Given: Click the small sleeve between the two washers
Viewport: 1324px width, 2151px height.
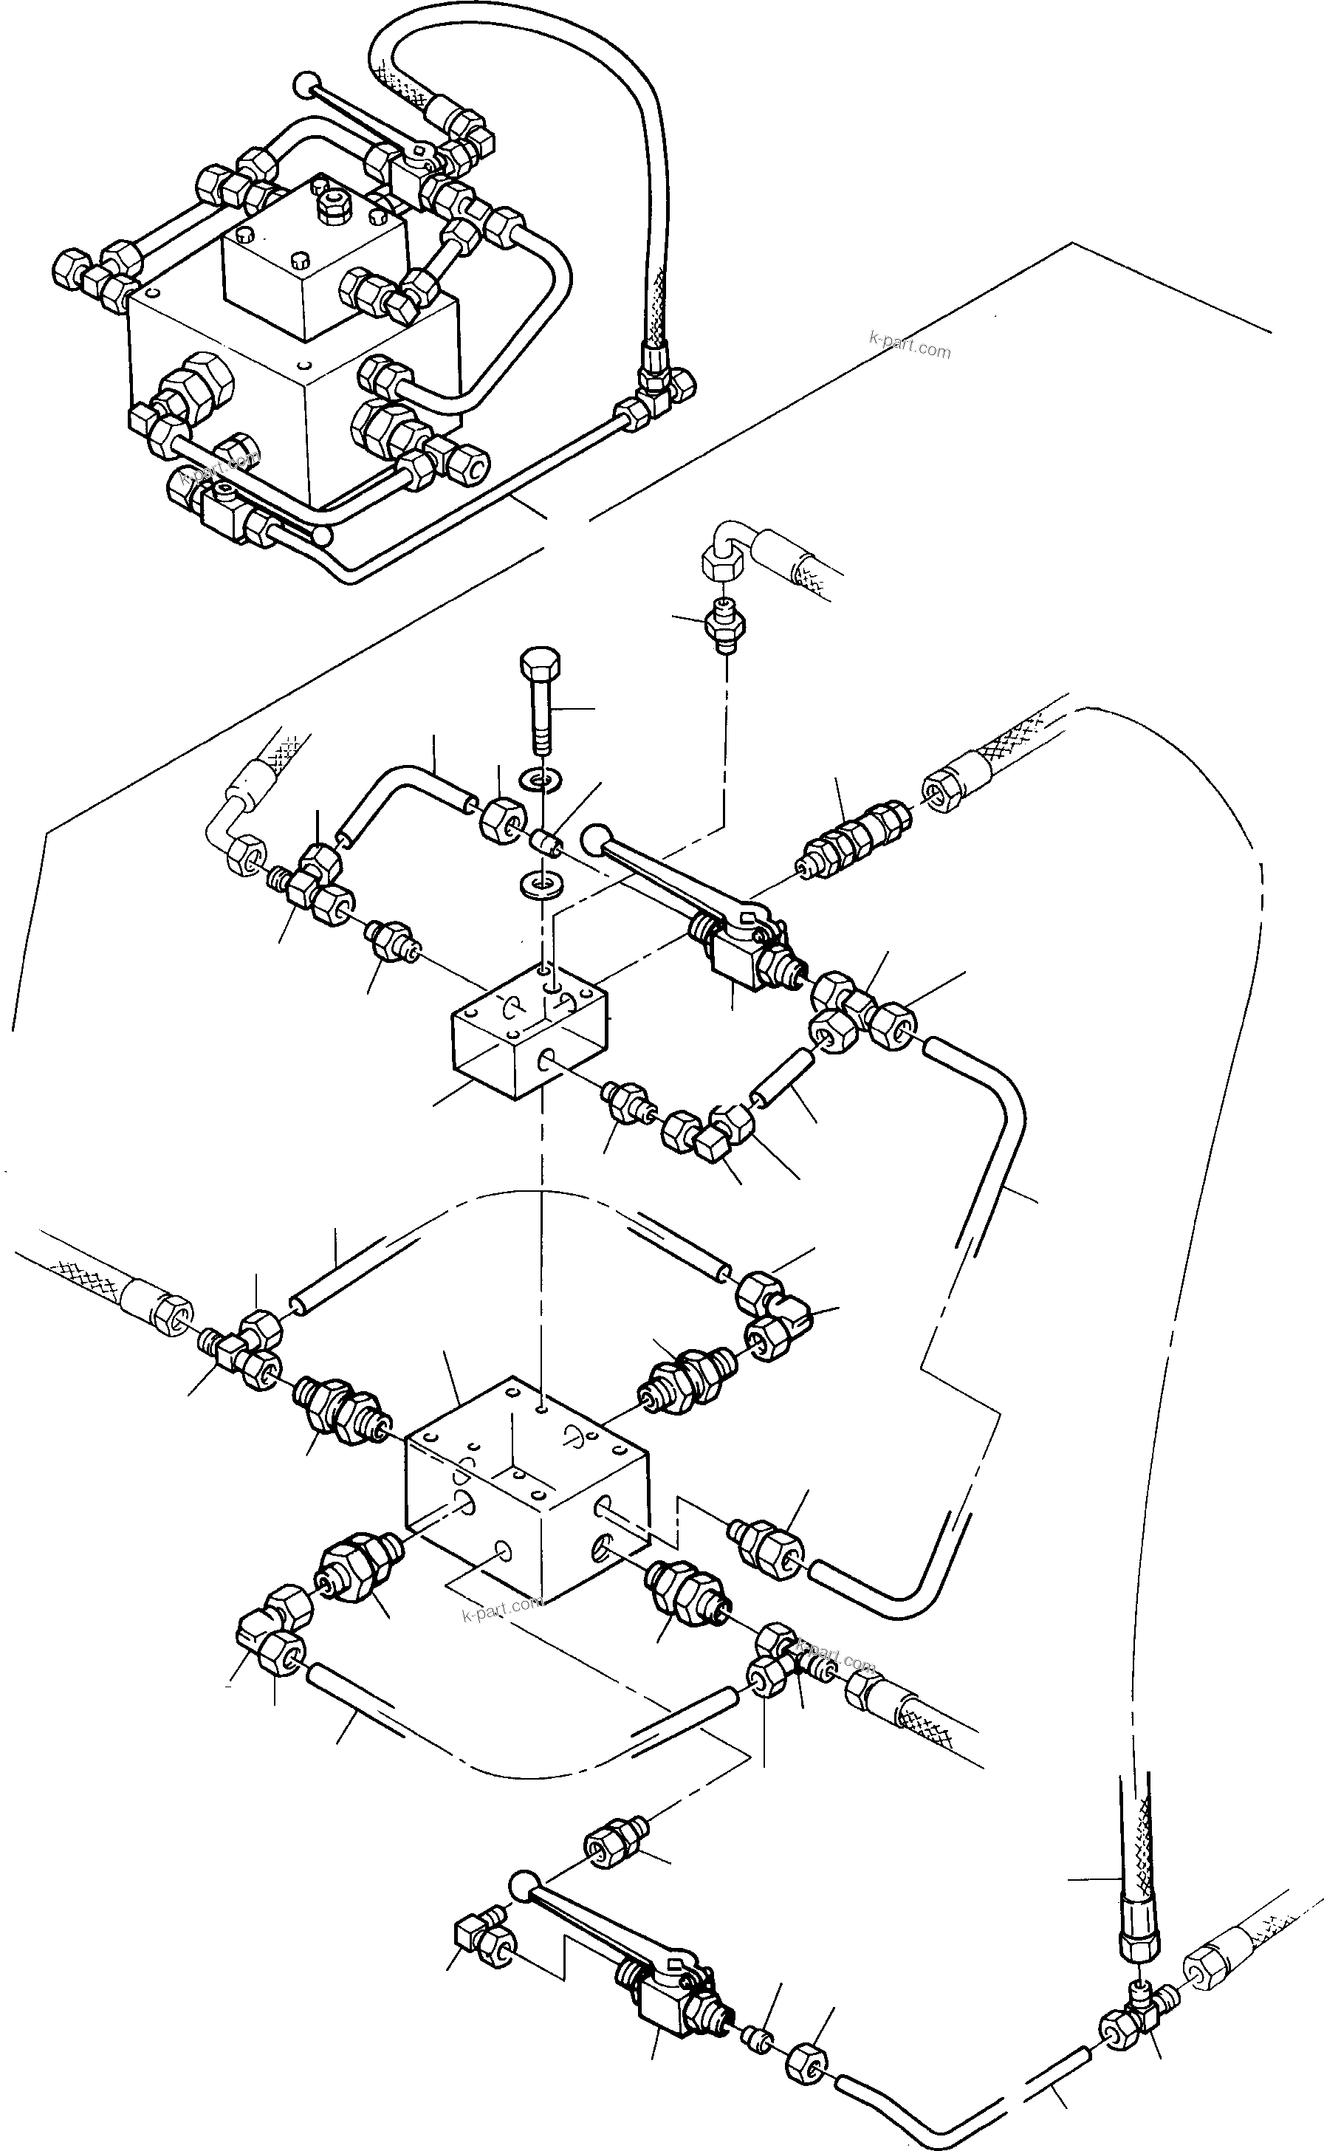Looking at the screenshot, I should tap(547, 845).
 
